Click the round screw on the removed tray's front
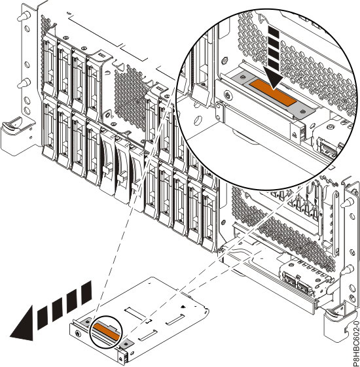pyautogui.click(x=78, y=333)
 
